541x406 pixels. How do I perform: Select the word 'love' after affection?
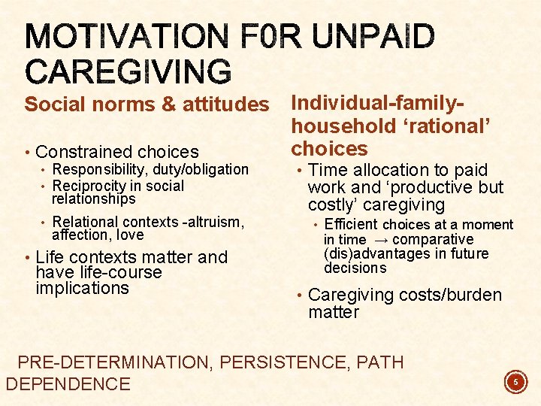tap(129, 235)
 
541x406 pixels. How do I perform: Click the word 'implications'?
tap(83, 288)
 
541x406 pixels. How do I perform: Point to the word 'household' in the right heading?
tap(341, 126)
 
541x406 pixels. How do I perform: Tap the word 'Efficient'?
tap(351, 224)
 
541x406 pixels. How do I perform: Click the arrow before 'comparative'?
tap(382, 240)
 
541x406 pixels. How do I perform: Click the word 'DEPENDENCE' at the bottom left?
tap(68, 384)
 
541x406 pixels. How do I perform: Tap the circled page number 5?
tap(515, 383)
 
